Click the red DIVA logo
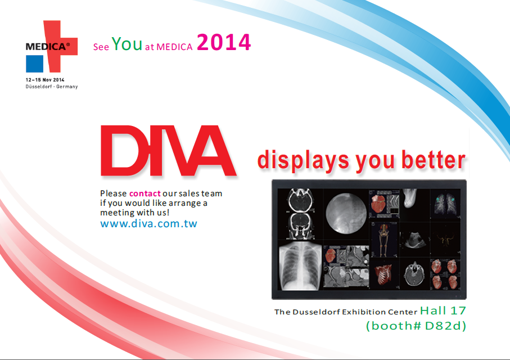(168, 150)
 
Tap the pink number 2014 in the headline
(224, 42)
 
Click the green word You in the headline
(127, 44)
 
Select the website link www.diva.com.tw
(148, 224)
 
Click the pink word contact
(145, 193)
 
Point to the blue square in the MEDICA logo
(34, 64)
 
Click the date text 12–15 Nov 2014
(45, 80)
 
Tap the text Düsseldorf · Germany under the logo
(52, 87)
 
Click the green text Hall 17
(443, 310)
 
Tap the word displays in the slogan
(303, 161)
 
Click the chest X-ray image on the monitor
(300, 266)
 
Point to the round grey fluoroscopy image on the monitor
(346, 214)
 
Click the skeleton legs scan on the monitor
(384, 239)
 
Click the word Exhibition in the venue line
(364, 312)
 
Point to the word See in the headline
(101, 47)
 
